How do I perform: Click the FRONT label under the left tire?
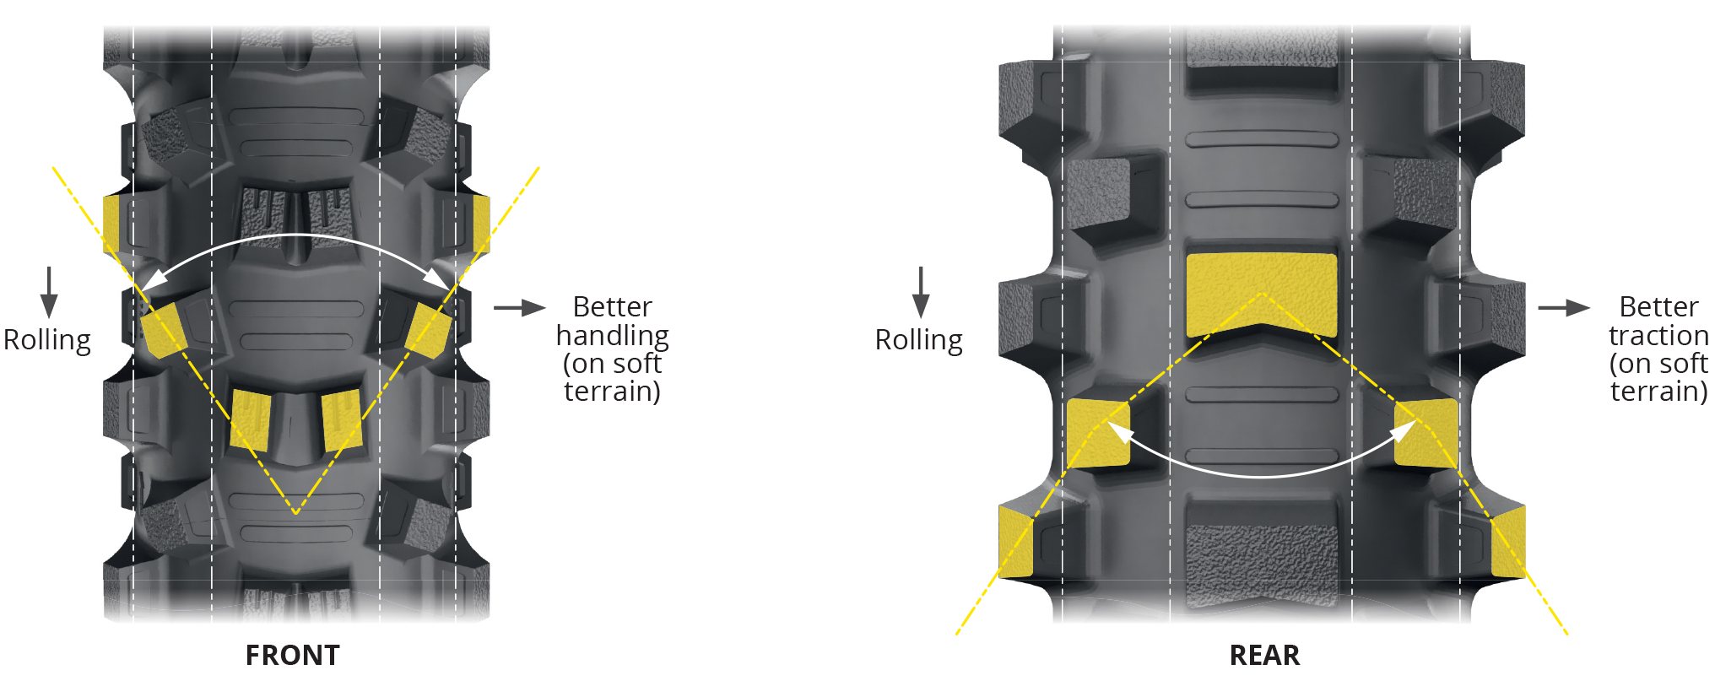(292, 655)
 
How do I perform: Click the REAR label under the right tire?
(1264, 655)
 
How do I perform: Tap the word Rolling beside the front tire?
(47, 339)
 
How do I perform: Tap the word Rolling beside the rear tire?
(918, 339)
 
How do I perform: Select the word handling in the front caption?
(612, 335)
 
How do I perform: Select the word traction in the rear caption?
(1658, 335)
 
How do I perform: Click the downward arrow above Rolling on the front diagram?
(49, 291)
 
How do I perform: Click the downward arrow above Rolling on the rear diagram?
(921, 291)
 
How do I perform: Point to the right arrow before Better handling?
(519, 308)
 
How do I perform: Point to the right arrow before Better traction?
(1563, 308)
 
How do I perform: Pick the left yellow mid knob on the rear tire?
(1097, 433)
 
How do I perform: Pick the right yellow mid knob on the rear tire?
(1426, 433)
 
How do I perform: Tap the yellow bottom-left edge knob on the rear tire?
(1014, 542)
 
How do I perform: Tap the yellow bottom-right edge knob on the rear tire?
(1508, 542)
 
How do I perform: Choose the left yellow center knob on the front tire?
(251, 419)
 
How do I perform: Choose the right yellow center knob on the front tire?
(342, 419)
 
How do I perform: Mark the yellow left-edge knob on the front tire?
(111, 224)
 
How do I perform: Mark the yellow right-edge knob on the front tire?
(481, 224)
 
